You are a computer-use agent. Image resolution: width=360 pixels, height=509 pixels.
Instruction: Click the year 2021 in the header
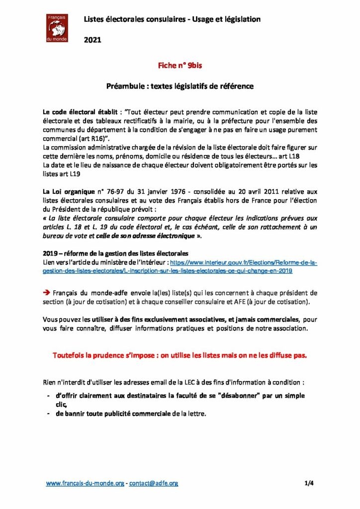[92, 40]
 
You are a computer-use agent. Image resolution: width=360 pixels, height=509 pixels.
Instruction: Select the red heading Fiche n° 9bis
[180, 65]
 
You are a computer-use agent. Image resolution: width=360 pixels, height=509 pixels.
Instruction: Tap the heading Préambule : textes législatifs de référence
[180, 86]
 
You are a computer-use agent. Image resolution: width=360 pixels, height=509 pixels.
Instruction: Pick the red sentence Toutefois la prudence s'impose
[180, 355]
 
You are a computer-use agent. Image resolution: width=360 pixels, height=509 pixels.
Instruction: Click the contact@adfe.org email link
[154, 483]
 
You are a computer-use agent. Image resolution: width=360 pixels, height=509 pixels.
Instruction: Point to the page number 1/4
[309, 483]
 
